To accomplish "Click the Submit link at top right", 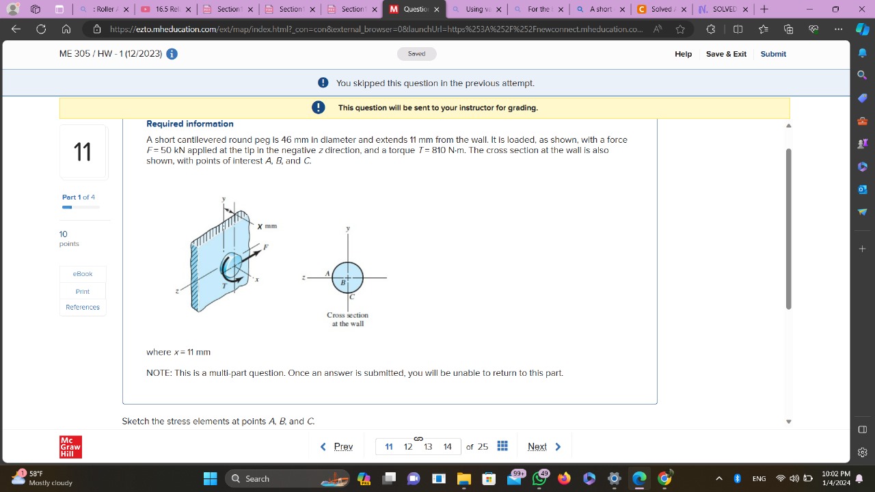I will (773, 54).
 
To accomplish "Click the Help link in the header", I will (683, 54).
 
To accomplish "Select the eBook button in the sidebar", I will (83, 274).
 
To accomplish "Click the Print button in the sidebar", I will (83, 292).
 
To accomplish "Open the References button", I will (83, 307).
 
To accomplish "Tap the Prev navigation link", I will (337, 447).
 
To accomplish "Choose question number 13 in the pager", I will (428, 447).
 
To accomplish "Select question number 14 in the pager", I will (447, 447).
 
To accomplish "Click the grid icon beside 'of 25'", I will (502, 446).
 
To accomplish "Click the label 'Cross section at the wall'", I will (347, 319).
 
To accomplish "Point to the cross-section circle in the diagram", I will (348, 277).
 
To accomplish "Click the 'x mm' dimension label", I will (267, 226).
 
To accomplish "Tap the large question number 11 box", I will (83, 152).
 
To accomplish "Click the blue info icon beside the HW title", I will (172, 54).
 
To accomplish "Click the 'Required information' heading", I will (190, 124).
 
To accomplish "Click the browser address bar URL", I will (376, 29).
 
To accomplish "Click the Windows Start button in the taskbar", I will (210, 478).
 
